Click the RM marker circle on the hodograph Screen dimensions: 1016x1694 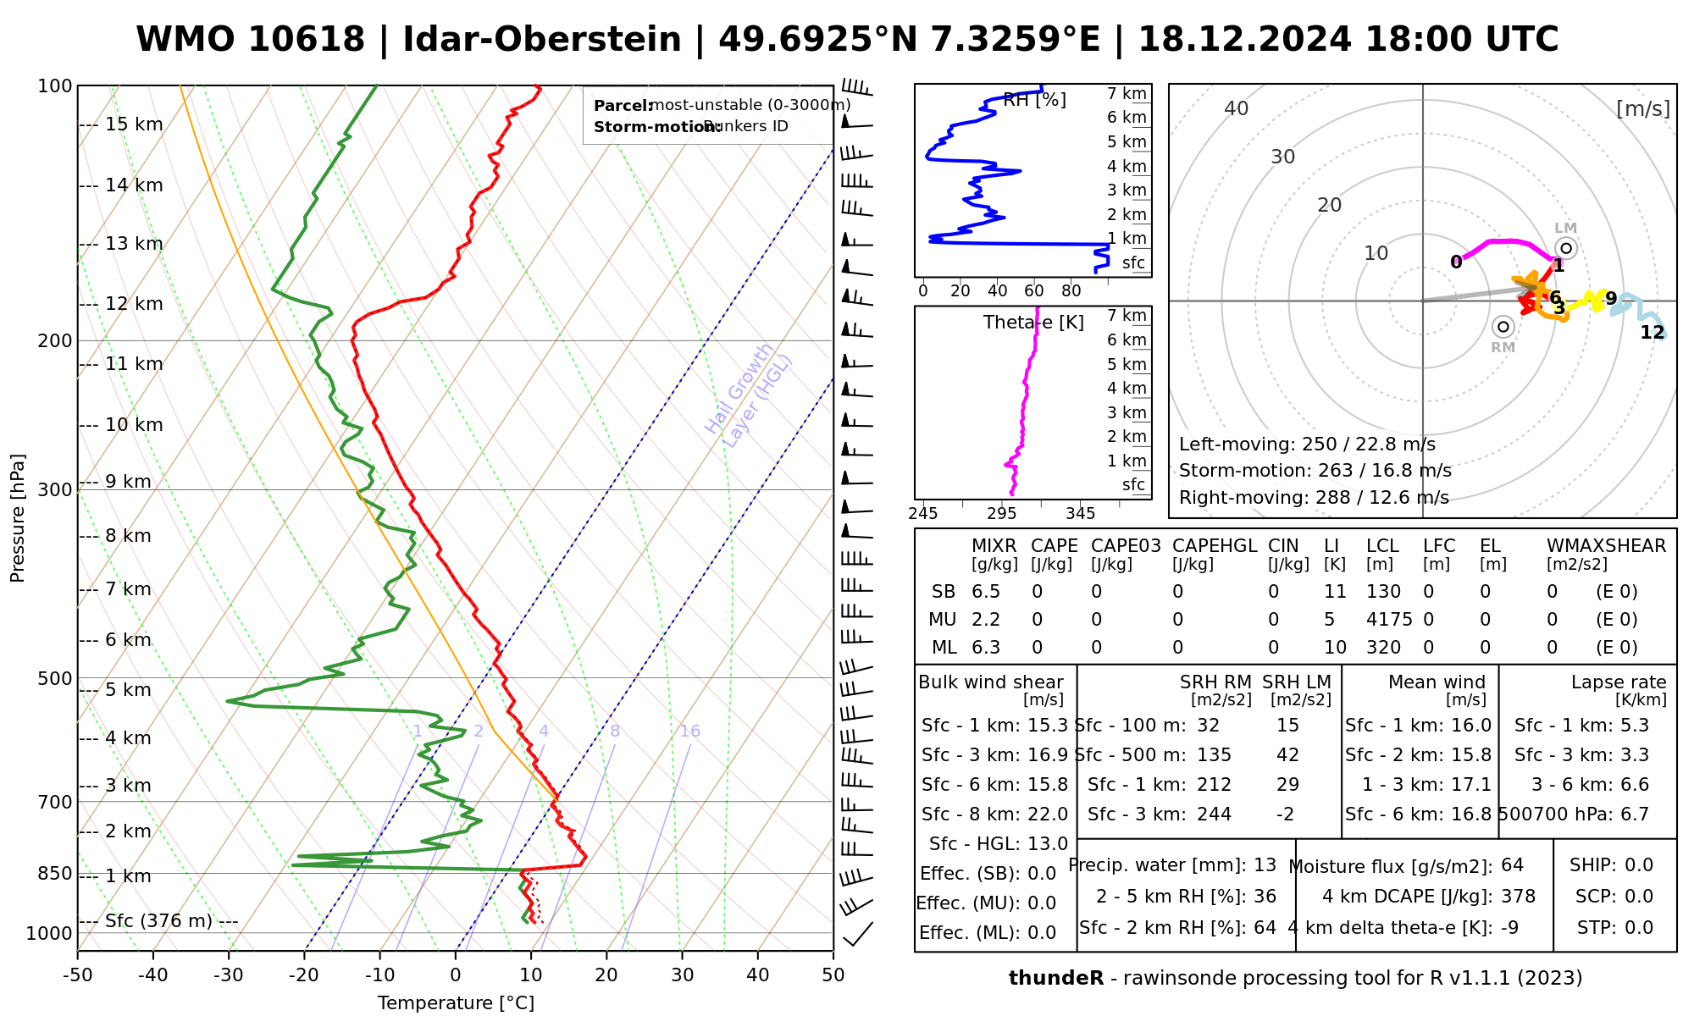click(1503, 327)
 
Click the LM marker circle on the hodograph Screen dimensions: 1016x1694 click(1566, 248)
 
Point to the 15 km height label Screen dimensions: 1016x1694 click(134, 124)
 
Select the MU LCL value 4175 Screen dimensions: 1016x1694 click(1389, 620)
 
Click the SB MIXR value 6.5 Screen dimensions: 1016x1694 click(986, 592)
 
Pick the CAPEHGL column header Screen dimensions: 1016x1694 click(1215, 546)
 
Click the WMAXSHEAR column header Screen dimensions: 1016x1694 click(1606, 546)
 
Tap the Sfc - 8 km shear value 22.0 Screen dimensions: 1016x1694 click(1048, 814)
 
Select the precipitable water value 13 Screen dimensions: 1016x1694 click(1265, 865)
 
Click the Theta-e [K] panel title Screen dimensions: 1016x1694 click(1033, 323)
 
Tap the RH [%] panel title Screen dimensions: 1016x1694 click(1034, 100)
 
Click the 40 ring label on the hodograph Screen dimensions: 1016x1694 click(1237, 108)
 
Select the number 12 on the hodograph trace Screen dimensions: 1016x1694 click(1652, 333)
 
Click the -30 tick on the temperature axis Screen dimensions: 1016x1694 click(228, 975)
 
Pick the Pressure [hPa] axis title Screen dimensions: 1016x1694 click(18, 518)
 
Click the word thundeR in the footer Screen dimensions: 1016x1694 click(1056, 979)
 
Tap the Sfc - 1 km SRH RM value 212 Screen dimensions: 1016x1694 click(1214, 785)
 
